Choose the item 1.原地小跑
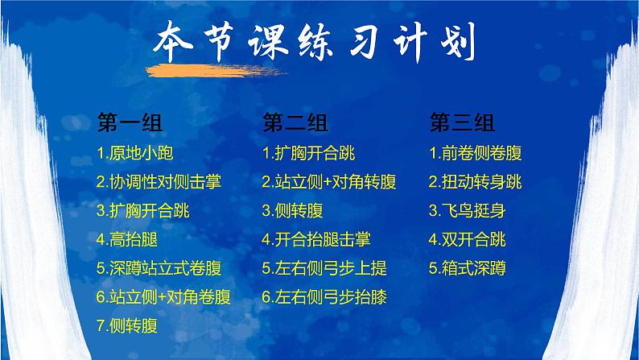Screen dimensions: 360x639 [x=134, y=153]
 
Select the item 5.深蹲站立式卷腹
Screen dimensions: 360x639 [x=159, y=268]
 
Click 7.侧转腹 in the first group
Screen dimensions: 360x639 [x=126, y=326]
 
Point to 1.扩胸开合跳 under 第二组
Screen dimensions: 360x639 [x=309, y=153]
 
